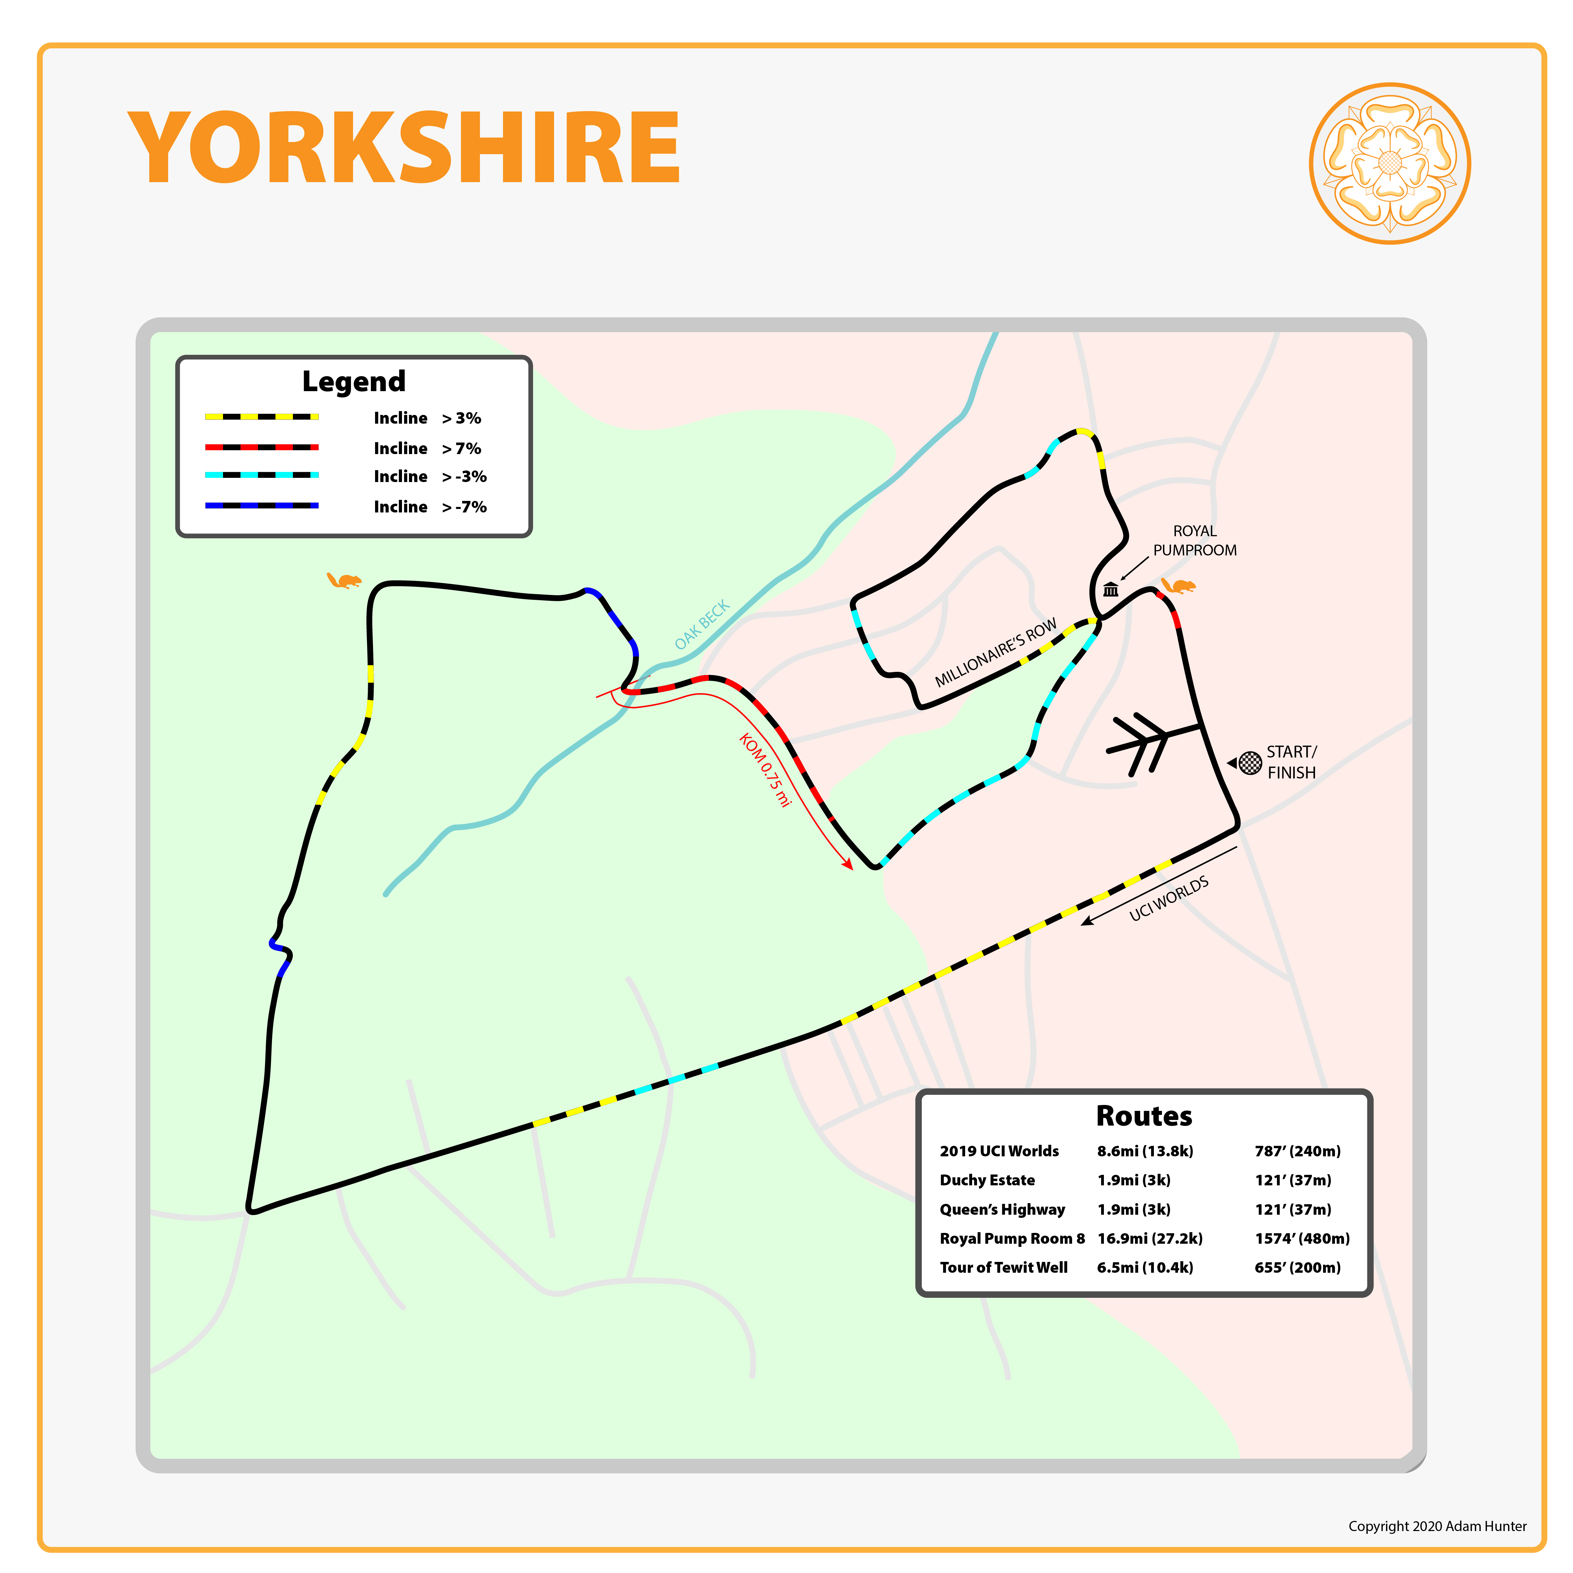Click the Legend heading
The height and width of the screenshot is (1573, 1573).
click(353, 381)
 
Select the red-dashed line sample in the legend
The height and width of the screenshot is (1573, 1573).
click(261, 447)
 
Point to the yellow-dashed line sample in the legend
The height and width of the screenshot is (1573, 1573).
click(261, 417)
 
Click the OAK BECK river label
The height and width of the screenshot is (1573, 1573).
click(702, 625)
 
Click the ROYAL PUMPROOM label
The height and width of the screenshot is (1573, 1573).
click(1194, 541)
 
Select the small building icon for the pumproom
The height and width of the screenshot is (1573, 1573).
click(1111, 589)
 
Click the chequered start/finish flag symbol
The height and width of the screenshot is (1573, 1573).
click(1250, 763)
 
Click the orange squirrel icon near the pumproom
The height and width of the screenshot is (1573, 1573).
click(1178, 586)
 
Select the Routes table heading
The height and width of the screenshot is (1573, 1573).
click(1144, 1115)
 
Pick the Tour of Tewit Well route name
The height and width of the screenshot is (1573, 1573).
click(1003, 1267)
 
